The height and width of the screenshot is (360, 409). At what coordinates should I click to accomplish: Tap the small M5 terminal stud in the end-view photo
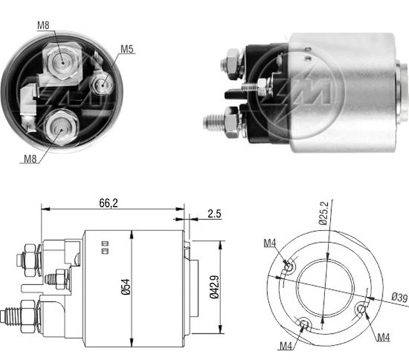click(101, 83)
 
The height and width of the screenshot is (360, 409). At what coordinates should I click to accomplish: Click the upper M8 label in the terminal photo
click(43, 25)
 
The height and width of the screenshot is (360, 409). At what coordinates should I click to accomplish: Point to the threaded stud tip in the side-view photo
click(211, 120)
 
